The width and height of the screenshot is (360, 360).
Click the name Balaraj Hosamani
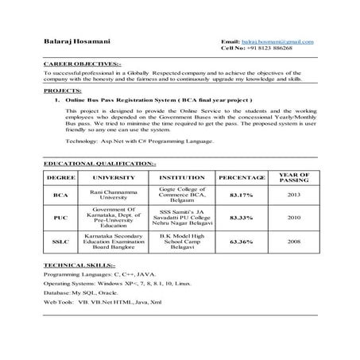point(79,41)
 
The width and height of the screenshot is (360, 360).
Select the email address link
point(277,41)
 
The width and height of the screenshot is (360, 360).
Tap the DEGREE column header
point(61,177)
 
